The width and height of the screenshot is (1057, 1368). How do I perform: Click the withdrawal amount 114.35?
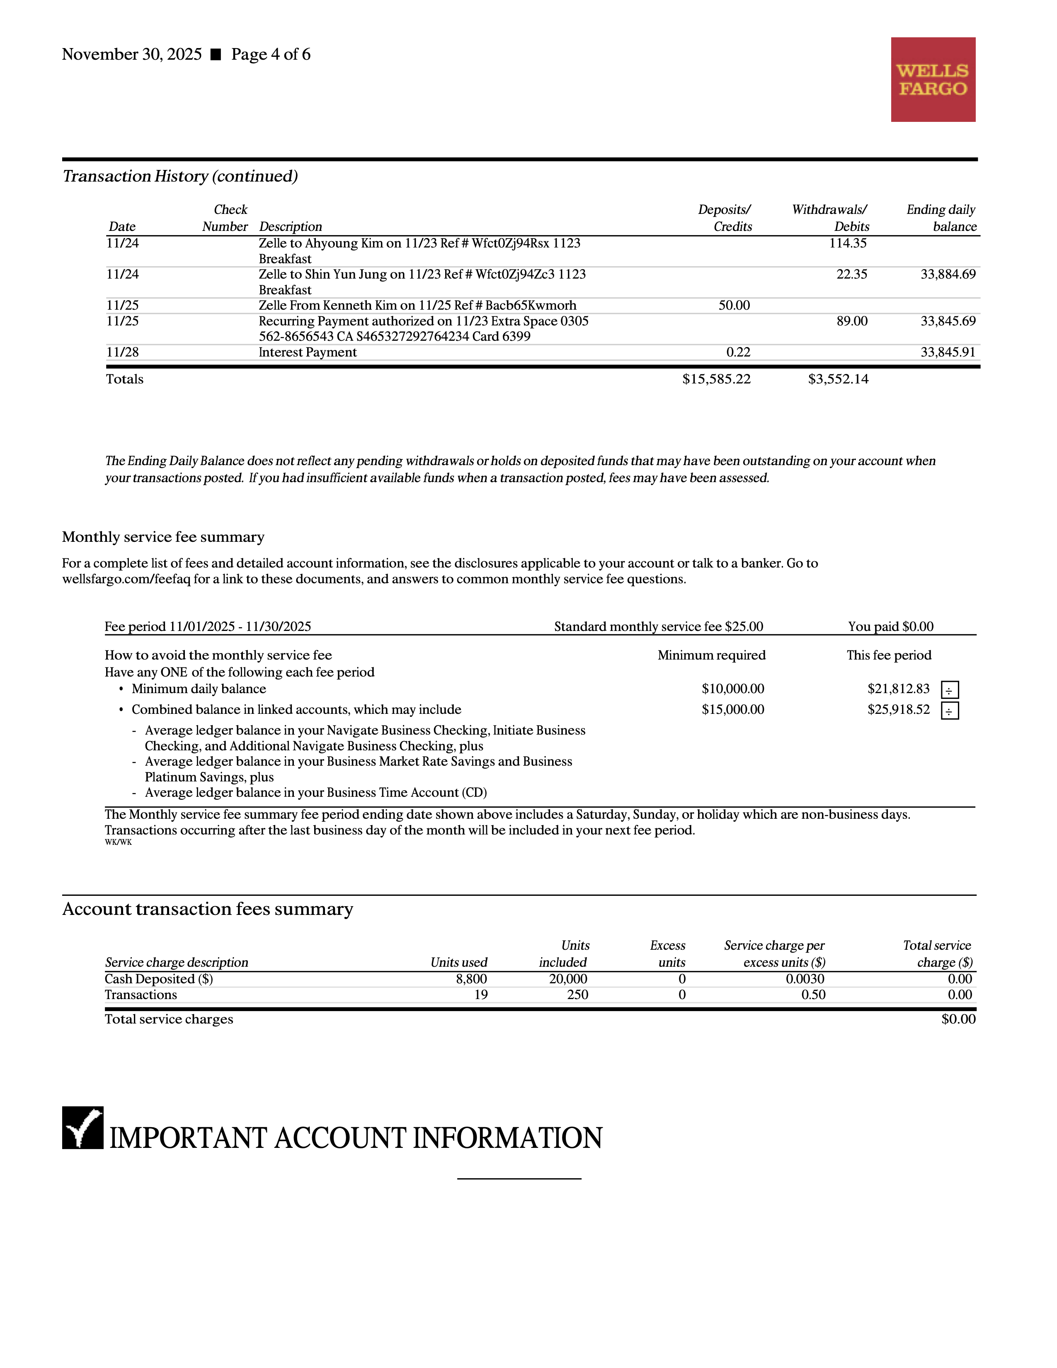tap(847, 243)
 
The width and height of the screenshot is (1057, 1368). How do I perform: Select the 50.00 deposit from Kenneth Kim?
tap(734, 305)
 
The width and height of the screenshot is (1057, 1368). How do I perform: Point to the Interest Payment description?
tap(308, 352)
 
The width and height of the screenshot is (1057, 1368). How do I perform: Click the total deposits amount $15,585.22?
tap(716, 379)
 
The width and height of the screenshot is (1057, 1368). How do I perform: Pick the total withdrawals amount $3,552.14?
tap(838, 379)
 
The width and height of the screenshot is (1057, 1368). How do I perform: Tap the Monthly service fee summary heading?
tap(163, 537)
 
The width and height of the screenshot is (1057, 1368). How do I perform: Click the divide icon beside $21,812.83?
tap(949, 690)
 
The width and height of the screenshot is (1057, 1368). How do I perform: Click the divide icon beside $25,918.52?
tap(949, 710)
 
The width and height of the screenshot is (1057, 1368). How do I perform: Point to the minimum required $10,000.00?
tap(732, 689)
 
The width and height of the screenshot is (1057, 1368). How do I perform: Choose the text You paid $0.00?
tap(890, 626)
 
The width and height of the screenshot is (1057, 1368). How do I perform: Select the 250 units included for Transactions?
tap(577, 994)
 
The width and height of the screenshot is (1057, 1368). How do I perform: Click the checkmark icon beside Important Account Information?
tap(82, 1128)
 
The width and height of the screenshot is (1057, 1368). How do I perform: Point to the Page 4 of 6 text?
tap(271, 54)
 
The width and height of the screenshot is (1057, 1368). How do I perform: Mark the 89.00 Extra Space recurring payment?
tap(852, 321)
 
